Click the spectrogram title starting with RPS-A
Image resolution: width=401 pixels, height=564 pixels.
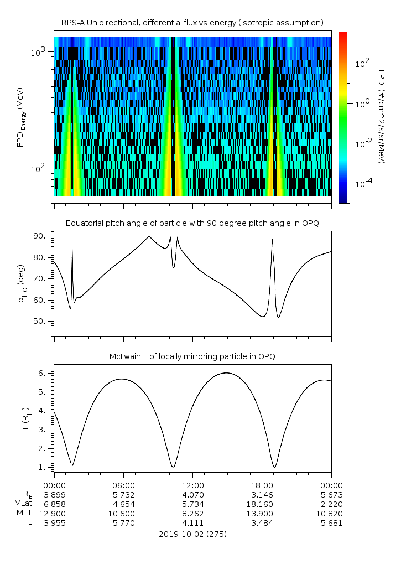click(x=192, y=23)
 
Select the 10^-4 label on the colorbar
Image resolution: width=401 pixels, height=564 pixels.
click(x=362, y=183)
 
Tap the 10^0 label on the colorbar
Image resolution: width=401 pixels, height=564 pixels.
click(x=361, y=104)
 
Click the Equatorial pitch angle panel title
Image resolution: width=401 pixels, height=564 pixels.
click(x=192, y=223)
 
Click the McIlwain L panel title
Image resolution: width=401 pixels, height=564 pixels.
click(x=192, y=356)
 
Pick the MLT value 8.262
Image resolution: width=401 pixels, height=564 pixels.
click(x=192, y=514)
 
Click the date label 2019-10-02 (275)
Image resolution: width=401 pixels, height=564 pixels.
click(x=192, y=534)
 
